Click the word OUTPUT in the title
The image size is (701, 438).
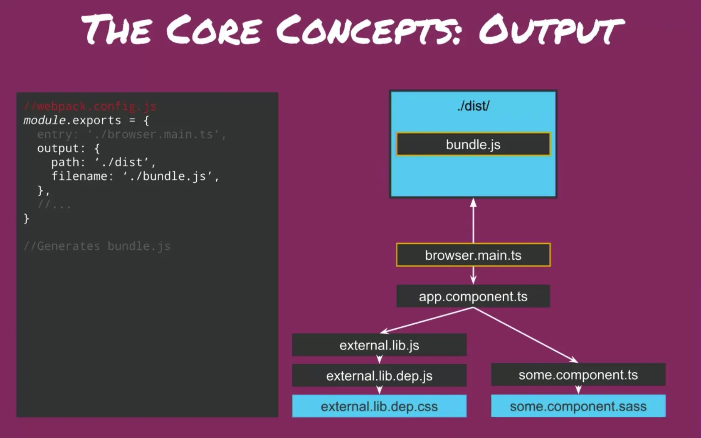(551, 30)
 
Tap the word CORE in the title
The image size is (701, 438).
(214, 30)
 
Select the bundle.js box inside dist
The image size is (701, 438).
(473, 145)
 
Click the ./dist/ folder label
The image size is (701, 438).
(473, 106)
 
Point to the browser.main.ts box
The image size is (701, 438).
(473, 255)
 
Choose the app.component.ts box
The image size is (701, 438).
(473, 296)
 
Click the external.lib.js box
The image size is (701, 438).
(379, 345)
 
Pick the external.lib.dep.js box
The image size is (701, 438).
(379, 376)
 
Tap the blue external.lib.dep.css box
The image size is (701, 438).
(379, 406)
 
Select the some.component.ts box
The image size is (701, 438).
(578, 375)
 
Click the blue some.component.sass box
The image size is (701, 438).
(578, 406)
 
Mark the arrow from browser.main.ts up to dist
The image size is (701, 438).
(473, 220)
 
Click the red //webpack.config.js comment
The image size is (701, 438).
(90, 106)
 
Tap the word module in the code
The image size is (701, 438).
(44, 121)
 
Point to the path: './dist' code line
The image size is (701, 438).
(103, 162)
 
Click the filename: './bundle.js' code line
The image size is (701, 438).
(135, 176)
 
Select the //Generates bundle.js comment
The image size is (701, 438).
(97, 246)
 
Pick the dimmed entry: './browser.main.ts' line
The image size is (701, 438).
(131, 135)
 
